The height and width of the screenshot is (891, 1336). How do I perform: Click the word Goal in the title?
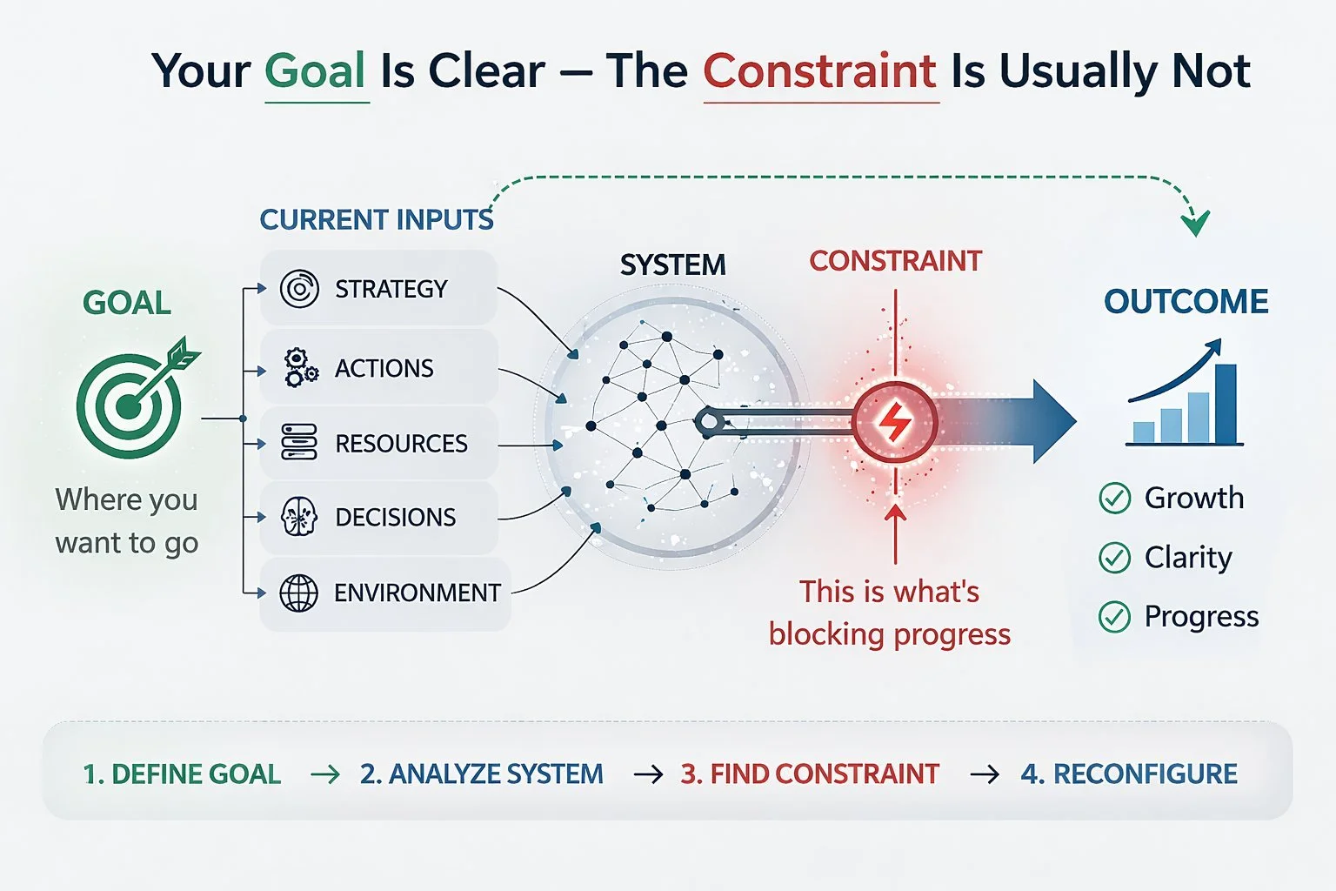(316, 71)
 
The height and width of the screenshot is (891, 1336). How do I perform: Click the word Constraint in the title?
(820, 71)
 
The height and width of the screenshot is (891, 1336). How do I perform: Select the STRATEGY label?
(391, 289)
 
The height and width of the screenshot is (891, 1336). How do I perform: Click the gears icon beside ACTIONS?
(300, 368)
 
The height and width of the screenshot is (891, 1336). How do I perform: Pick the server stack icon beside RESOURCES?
(299, 443)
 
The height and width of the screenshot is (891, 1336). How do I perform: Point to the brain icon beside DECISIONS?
(299, 517)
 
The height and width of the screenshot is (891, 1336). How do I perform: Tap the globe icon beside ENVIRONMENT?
(298, 593)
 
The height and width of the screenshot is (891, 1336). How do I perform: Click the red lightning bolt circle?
(894, 423)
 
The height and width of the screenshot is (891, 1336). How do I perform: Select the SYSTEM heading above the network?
(672, 265)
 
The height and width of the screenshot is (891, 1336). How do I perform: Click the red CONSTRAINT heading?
(895, 261)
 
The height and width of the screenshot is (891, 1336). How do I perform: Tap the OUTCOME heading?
(1186, 302)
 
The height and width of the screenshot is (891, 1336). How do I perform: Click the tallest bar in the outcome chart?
(1226, 404)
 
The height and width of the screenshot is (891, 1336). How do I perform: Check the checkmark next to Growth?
(1115, 499)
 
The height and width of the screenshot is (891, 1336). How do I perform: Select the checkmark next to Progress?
(1115, 617)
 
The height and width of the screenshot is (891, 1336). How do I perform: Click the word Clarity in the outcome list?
(1188, 557)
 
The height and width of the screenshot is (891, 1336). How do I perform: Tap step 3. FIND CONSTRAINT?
(810, 774)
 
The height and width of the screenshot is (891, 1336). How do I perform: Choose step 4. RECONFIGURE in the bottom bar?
(1129, 774)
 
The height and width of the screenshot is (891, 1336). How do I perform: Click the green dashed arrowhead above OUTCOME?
(1196, 224)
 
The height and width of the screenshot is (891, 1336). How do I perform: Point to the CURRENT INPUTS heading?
(377, 219)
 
